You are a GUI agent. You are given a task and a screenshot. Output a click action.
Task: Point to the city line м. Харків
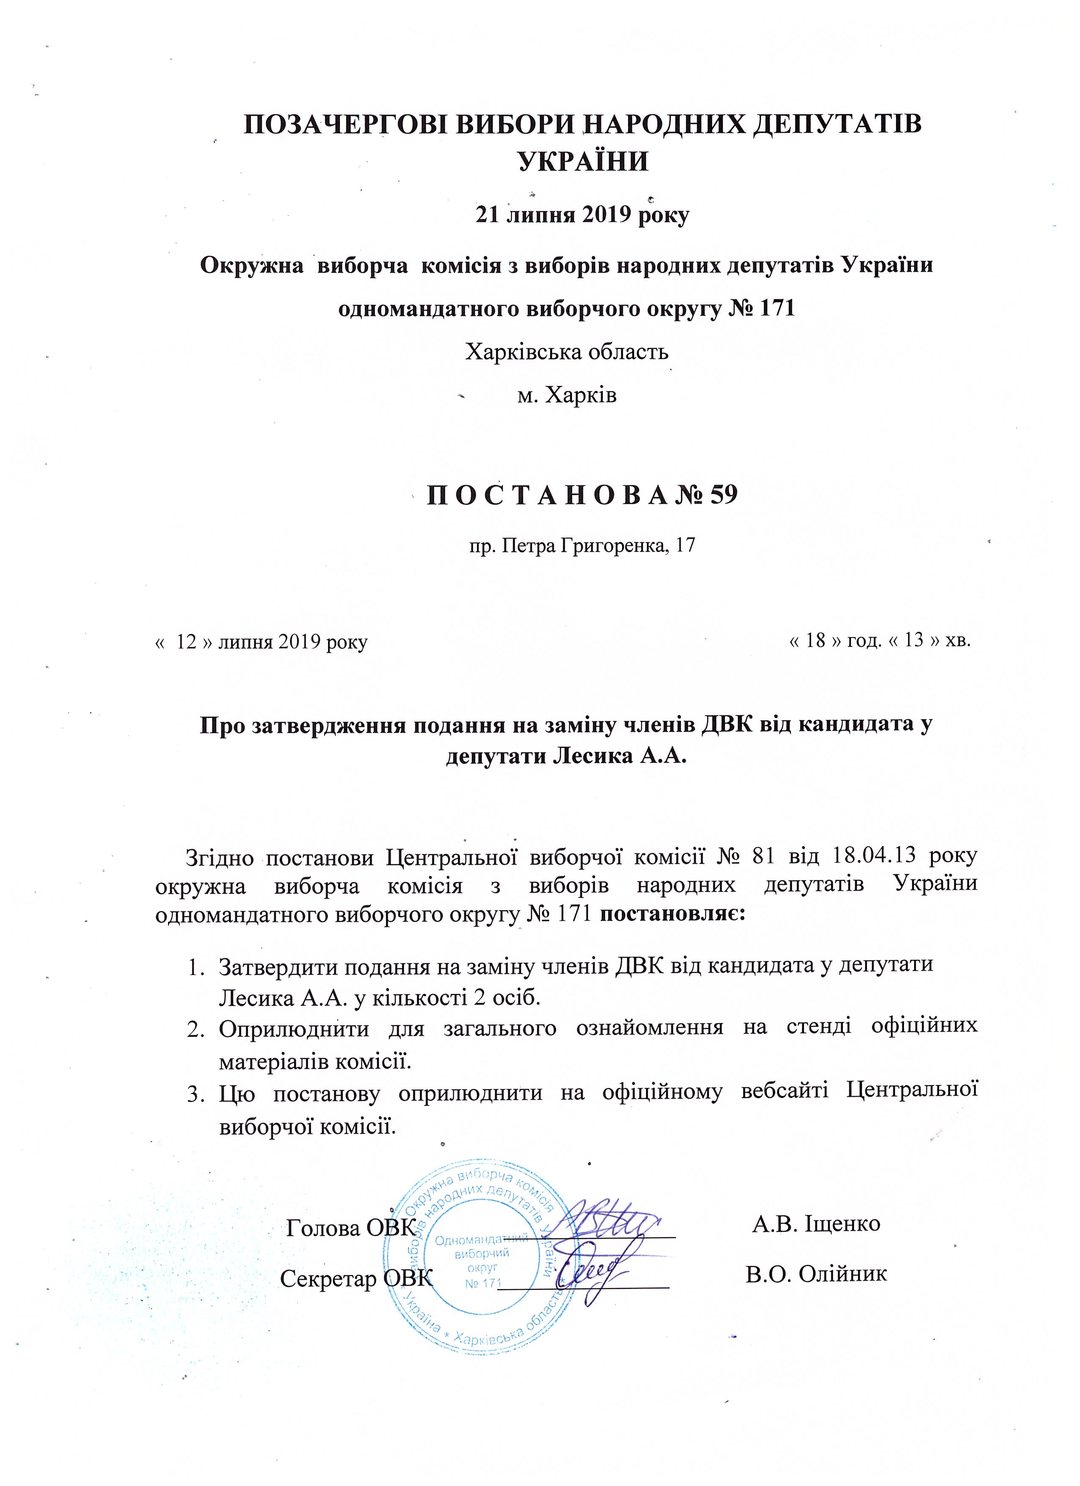point(567,395)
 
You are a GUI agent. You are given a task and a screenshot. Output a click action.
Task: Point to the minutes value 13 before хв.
point(914,640)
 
